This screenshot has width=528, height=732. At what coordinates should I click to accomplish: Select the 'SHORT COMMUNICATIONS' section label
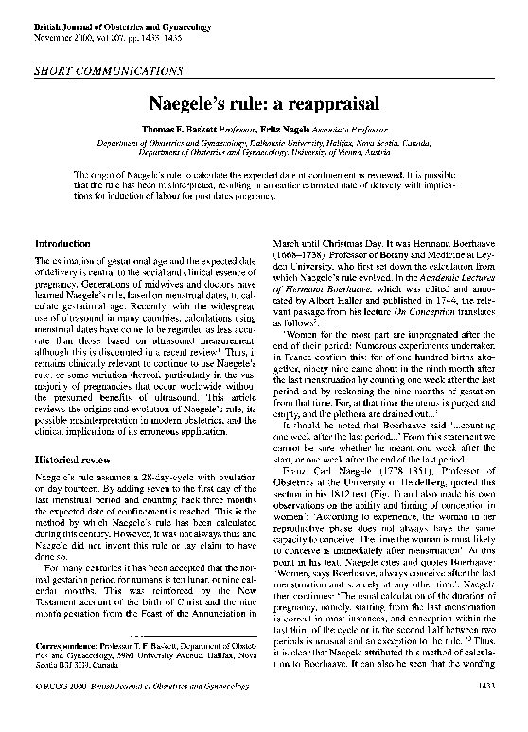(x=108, y=70)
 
